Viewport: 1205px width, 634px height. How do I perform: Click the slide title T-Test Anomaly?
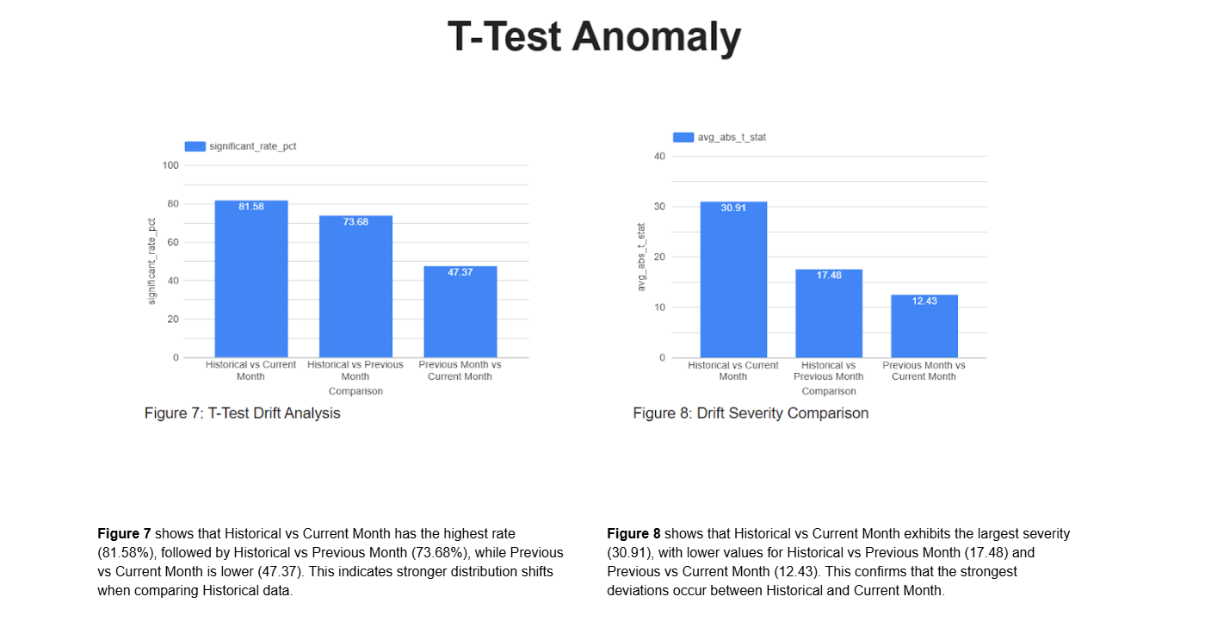[x=594, y=38]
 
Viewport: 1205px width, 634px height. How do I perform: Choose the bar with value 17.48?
[x=829, y=314]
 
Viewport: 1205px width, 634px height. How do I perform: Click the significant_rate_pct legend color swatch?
[x=195, y=146]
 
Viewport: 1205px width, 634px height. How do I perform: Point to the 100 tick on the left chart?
[x=170, y=165]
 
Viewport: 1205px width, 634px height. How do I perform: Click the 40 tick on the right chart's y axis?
[x=659, y=156]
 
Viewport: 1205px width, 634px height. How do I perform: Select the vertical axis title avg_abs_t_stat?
[x=641, y=256]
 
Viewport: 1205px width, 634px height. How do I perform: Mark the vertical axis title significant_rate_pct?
[x=151, y=260]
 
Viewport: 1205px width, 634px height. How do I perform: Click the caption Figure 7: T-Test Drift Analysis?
[x=242, y=413]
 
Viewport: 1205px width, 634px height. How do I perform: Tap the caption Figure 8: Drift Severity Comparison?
[x=751, y=413]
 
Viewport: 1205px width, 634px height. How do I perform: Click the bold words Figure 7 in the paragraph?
[x=124, y=534]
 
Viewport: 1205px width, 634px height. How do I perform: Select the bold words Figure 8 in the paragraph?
[x=633, y=534]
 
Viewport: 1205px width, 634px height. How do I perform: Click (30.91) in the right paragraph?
[x=632, y=552]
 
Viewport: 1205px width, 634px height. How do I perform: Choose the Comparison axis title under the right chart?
[x=829, y=391]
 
